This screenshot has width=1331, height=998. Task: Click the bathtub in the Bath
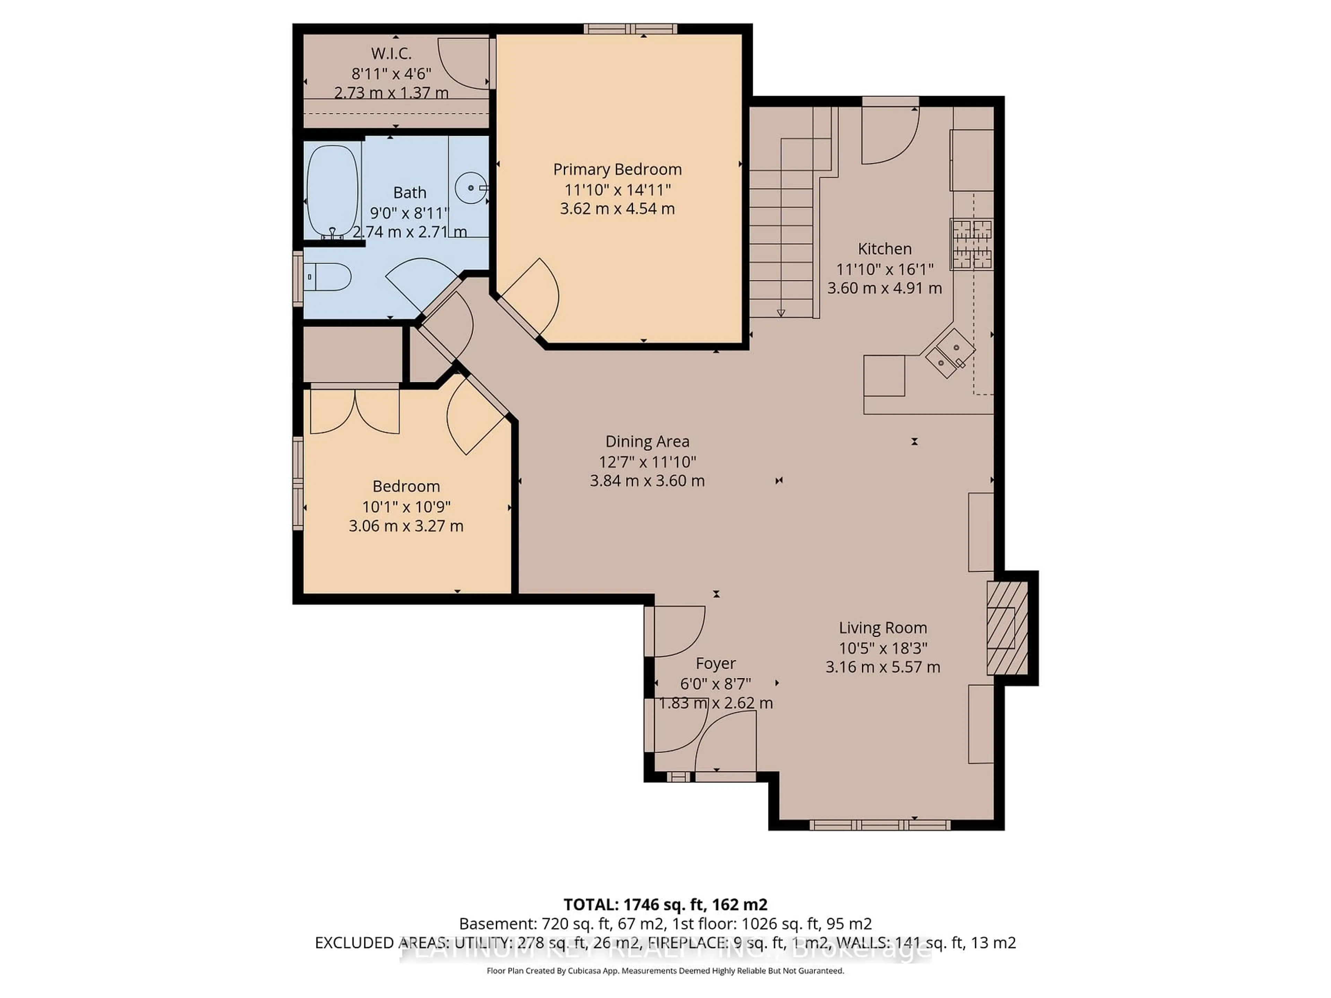click(332, 191)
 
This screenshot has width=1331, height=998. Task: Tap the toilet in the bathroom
click(328, 277)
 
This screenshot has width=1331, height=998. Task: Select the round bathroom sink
click(471, 188)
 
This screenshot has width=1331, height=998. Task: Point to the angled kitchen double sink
click(949, 354)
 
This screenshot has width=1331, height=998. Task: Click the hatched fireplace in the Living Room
click(1006, 628)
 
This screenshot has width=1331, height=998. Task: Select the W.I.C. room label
click(391, 54)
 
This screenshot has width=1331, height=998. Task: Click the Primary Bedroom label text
click(617, 170)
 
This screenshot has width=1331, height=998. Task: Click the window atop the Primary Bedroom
click(630, 29)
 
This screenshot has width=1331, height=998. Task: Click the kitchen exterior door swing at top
click(889, 135)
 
